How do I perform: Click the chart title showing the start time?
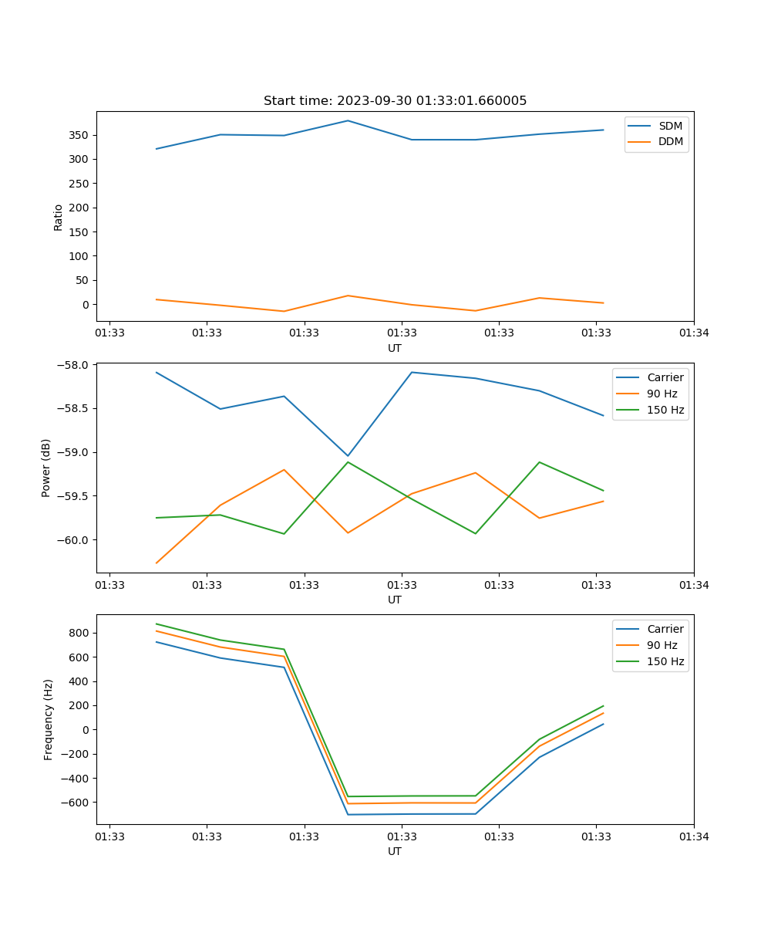(395, 101)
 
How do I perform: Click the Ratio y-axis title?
(58, 217)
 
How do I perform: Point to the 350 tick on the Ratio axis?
(79, 135)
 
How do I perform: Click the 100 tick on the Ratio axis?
(79, 256)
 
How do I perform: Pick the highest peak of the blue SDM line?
(348, 120)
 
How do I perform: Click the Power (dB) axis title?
(46, 468)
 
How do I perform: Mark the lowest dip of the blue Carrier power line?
(348, 456)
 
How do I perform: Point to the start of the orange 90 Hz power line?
(157, 563)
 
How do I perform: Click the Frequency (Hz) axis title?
(48, 719)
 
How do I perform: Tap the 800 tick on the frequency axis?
(79, 633)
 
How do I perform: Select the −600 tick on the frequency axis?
(76, 803)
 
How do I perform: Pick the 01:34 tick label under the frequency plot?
(693, 836)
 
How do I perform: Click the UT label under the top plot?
(395, 348)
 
